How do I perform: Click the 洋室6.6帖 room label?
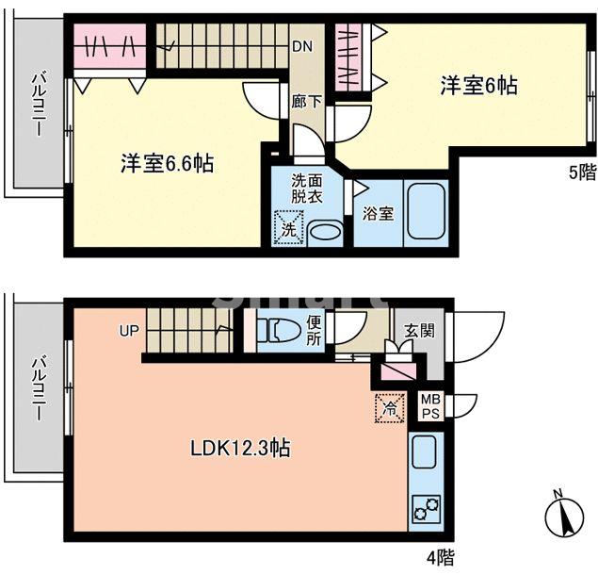pos(167,163)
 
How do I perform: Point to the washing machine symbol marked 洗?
pos(285,228)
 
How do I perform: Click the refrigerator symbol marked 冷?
pos(388,407)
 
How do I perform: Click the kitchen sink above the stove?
pos(424,452)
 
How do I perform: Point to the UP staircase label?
pos(129,331)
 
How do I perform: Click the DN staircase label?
pos(301,45)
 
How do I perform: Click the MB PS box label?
pos(429,405)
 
